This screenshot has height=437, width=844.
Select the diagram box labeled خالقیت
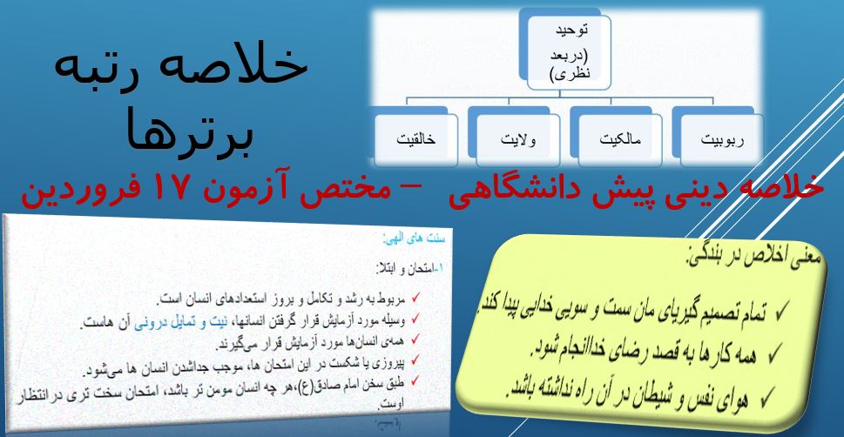pyautogui.click(x=415, y=138)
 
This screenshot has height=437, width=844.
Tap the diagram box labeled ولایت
pyautogui.click(x=514, y=138)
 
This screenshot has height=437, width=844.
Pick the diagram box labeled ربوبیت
pyautogui.click(x=719, y=138)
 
